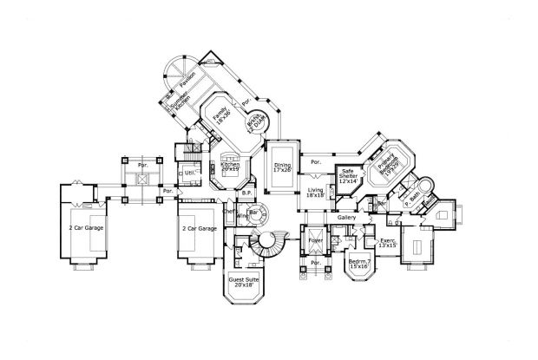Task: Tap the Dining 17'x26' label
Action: (281, 168)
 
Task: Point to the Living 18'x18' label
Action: (316, 193)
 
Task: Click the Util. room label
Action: (190, 173)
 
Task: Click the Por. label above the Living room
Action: (315, 160)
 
